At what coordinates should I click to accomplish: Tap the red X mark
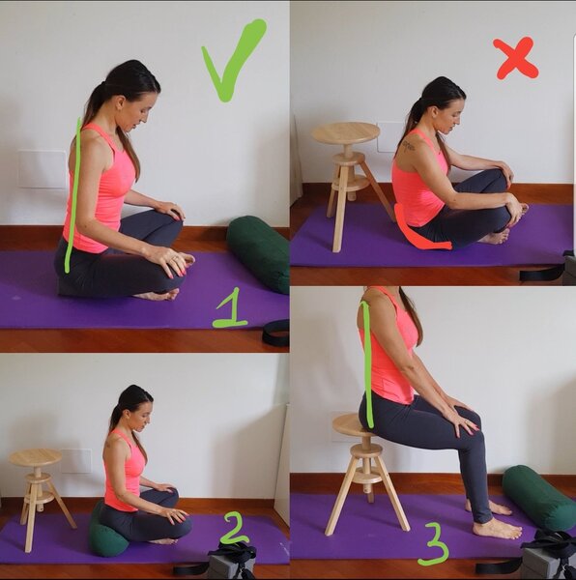[516, 58]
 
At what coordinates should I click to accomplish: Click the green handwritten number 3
[433, 547]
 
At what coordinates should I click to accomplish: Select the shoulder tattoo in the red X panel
[409, 145]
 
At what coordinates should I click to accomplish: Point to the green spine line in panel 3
[368, 364]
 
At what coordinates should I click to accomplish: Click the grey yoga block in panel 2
[226, 565]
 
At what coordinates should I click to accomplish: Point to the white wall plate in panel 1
[42, 169]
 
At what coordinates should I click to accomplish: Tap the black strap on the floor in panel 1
[275, 333]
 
